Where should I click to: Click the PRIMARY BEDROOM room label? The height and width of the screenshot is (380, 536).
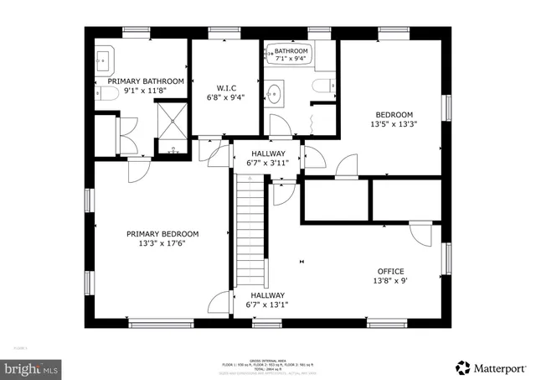pos(162,233)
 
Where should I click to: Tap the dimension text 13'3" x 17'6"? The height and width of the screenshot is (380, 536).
pos(162,244)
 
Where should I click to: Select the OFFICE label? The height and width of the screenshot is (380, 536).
pos(390,271)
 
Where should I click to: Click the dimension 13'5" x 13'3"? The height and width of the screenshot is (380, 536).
pos(394,124)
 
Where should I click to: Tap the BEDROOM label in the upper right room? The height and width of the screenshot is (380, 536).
pos(394,114)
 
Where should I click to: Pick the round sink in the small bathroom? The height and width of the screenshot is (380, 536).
pos(275,91)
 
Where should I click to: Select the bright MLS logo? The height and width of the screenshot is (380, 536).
pos(32,367)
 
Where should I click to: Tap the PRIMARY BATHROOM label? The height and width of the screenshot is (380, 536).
pos(139,82)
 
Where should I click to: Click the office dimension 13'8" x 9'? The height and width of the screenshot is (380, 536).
pos(390,281)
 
